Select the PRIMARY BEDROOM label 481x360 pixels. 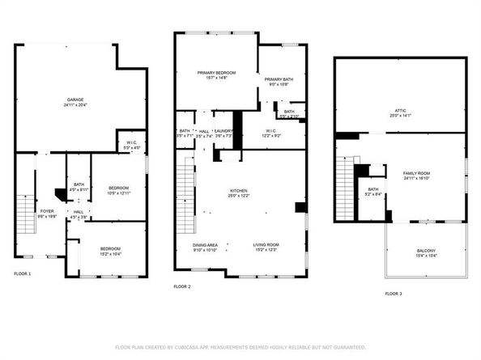pos(215,73)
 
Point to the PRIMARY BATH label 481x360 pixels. pos(279,78)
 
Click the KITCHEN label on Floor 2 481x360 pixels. pos(238,191)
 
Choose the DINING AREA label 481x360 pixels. pos(204,244)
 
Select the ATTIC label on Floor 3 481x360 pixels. pos(400,111)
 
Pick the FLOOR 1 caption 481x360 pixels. pos(23,274)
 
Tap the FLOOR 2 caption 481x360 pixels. pos(182,286)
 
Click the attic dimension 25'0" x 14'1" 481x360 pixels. pos(400,116)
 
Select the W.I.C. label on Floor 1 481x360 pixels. pos(132,144)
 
